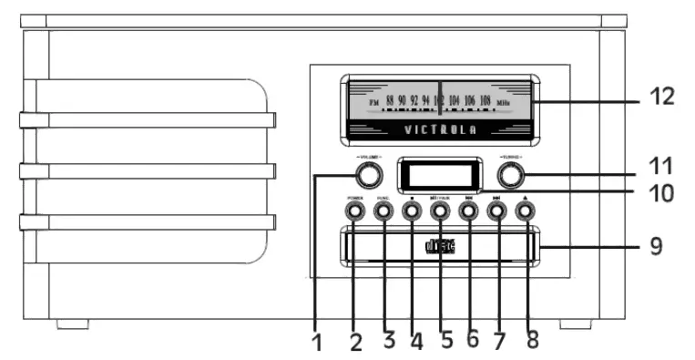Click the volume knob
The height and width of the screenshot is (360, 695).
click(366, 175)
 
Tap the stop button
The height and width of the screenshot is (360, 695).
click(411, 211)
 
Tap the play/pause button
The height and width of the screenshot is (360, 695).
click(439, 211)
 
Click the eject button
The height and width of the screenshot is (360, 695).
click(525, 211)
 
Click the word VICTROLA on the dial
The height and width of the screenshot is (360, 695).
click(439, 129)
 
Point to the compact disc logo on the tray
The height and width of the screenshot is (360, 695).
click(440, 246)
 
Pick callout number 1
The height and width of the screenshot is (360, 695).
click(317, 345)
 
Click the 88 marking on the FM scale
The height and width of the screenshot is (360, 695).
click(390, 101)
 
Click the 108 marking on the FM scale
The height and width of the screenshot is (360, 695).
click(485, 101)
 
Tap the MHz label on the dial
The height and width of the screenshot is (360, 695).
click(504, 102)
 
